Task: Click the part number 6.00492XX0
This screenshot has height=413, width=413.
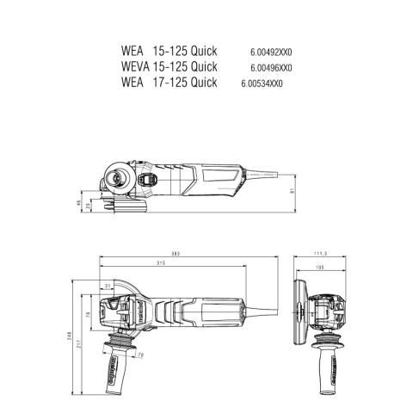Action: pos(271,51)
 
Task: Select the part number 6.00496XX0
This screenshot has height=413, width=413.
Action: pos(271,67)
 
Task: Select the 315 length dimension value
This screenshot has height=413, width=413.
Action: pos(160,263)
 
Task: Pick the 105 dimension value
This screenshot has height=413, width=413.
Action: pos(321,268)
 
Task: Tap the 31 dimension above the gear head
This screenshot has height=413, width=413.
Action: pos(108,285)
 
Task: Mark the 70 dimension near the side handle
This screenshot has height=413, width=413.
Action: pos(140,354)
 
